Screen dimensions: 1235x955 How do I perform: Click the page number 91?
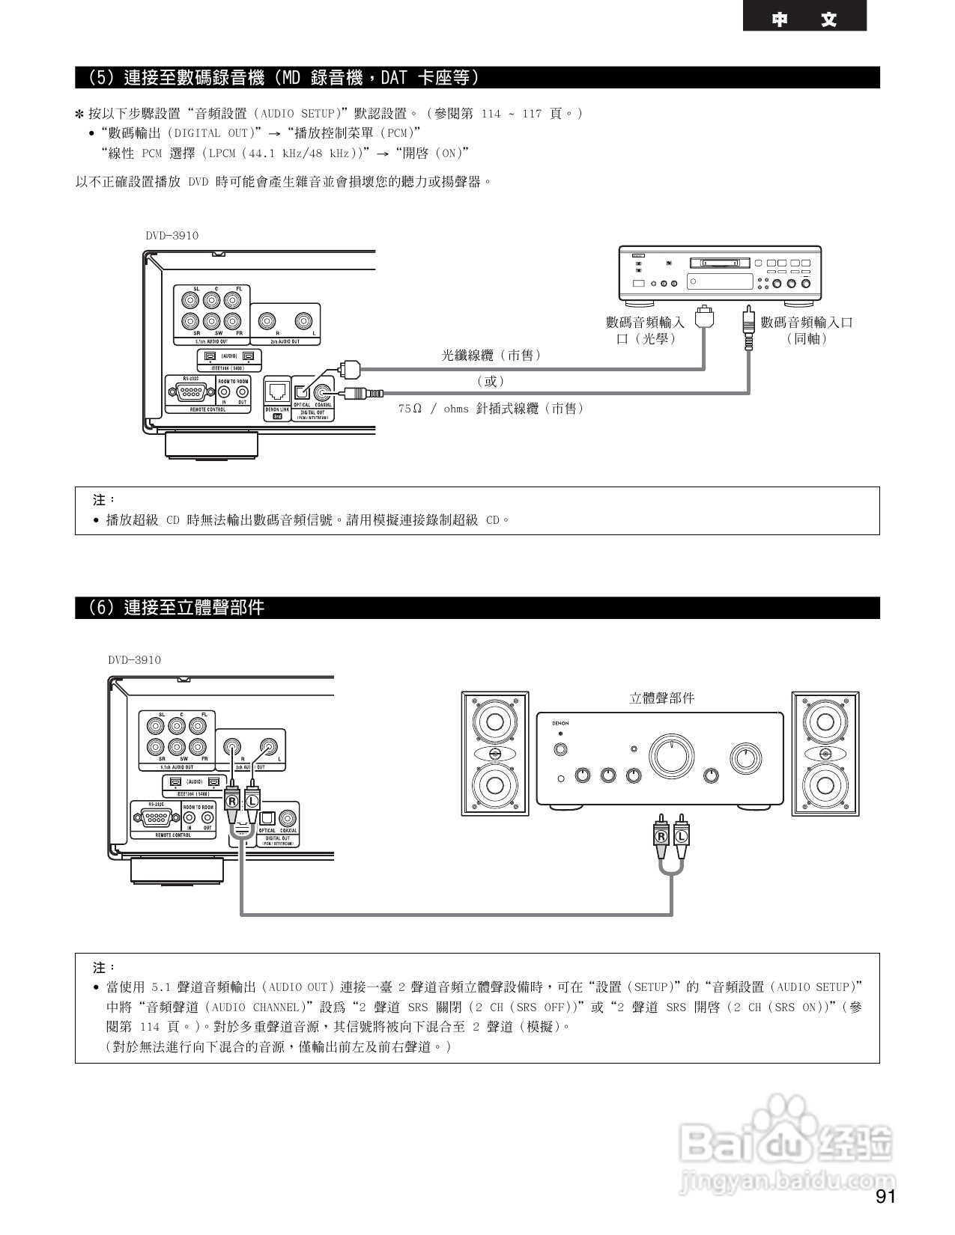pos(885,1196)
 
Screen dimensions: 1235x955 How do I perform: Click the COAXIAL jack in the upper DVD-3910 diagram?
pos(324,391)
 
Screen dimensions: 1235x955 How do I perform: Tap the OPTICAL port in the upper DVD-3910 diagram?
pos(301,391)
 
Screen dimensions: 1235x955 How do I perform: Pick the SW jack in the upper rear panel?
pos(212,322)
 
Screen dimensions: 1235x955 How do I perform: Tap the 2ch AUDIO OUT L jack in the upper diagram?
pos(303,321)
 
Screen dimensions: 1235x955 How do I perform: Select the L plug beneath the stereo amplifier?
pos(681,835)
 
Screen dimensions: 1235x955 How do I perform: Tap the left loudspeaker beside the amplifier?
pos(494,753)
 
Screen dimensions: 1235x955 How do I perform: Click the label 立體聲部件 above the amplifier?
pos(661,698)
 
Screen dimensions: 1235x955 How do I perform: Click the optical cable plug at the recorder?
pos(703,317)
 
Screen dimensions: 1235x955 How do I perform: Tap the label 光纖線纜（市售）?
pos(491,356)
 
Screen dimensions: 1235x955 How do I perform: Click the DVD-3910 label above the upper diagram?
pos(172,236)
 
